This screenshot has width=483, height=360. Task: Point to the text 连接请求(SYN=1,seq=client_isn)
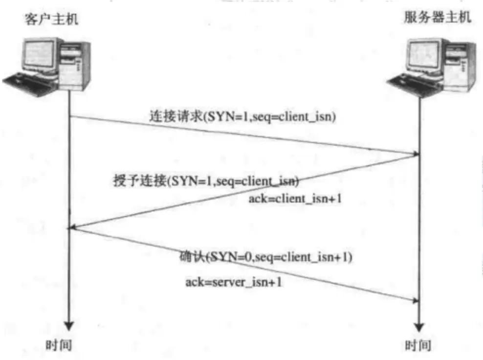pos(242,117)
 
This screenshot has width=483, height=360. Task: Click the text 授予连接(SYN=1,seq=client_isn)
pos(206,181)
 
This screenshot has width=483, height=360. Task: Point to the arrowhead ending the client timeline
pos(69,325)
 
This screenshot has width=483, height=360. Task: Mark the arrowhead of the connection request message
pos(415,154)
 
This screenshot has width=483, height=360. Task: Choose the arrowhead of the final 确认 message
pos(415,300)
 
